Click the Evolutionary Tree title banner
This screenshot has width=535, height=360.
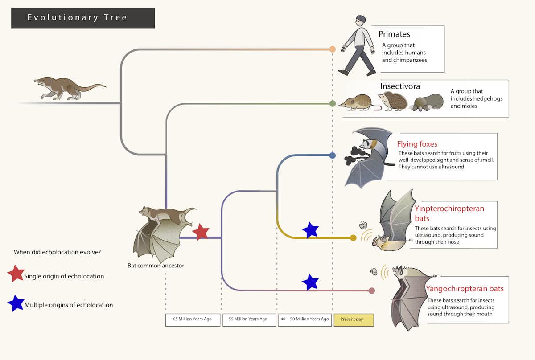pos(83,18)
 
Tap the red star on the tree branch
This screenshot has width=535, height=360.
pos(201,232)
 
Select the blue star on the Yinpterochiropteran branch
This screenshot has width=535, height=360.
pos(310,230)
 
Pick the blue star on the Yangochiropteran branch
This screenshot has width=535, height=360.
pos(310,282)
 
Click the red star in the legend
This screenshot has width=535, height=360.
pos(16,274)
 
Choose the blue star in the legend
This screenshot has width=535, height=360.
pos(16,303)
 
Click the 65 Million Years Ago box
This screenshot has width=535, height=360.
pos(193,319)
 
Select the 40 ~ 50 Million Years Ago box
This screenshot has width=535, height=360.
pos(305,319)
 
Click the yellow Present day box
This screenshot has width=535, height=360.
pos(354,319)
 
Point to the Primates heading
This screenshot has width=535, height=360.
pos(394,34)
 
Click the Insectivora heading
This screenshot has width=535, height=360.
pos(400,86)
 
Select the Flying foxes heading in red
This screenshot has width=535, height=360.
pos(417,144)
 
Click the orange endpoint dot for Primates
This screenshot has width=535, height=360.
pos(332,49)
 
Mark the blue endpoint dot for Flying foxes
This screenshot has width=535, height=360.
pos(332,155)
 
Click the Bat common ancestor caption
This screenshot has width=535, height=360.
pos(156,266)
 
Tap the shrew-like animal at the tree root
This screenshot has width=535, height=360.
pos(67,87)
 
